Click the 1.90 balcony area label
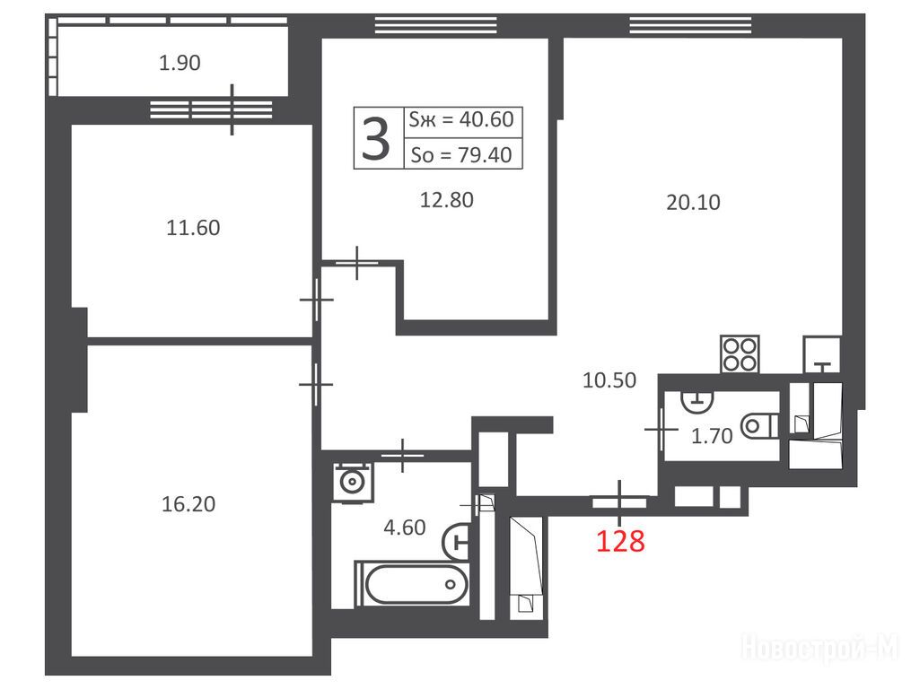pos(180,63)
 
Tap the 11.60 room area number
pos(193,228)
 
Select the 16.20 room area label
pos(188,503)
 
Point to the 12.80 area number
pos(446,200)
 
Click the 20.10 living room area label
pos(693,202)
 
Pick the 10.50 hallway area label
pos(609,380)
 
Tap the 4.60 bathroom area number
pos(405,527)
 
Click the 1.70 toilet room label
pos(712,436)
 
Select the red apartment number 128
pos(620,541)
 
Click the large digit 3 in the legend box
pos(376,138)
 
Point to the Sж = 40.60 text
pos(461,119)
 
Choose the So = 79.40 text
pos(461,154)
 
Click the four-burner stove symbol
pos(740,354)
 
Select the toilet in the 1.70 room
pos(760,426)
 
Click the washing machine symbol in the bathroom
pos(352,482)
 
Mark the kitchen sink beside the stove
pos(822,354)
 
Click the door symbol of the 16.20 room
pos(315,384)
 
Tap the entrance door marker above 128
pos(619,501)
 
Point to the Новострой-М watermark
pos(819,647)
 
